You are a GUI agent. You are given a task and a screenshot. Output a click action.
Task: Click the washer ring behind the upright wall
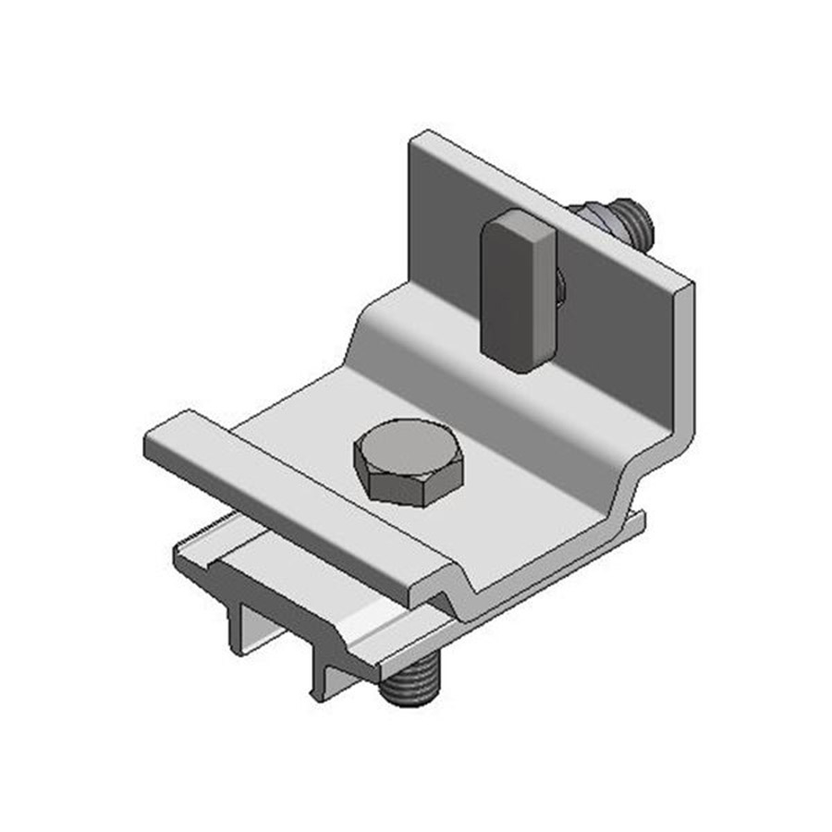click(592, 218)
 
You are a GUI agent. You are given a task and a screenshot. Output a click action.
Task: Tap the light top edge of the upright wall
click(555, 208)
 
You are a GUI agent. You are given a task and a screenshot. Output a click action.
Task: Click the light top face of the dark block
click(518, 223)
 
